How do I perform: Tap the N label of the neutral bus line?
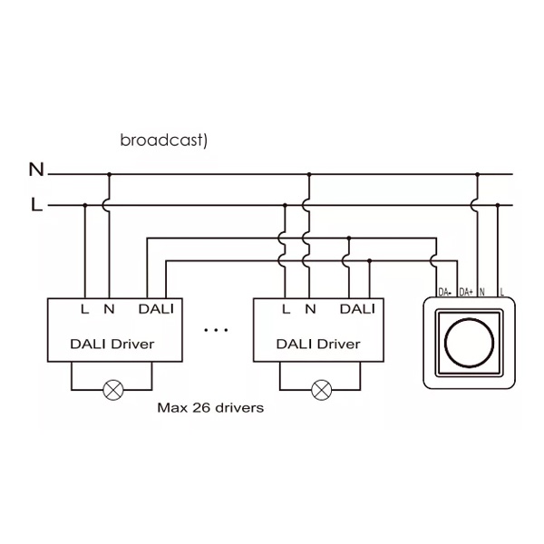tap(36, 170)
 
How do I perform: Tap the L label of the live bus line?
tap(36, 205)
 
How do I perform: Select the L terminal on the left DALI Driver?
tap(84, 309)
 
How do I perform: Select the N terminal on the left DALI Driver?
tap(109, 309)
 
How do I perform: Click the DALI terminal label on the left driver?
tap(156, 309)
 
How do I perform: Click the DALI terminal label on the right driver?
tap(357, 309)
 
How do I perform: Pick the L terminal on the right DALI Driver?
tap(286, 309)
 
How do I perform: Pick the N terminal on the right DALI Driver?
tap(310, 309)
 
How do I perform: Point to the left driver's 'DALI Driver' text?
tap(112, 344)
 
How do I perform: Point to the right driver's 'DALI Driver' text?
tap(317, 344)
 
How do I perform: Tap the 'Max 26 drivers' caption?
tap(210, 408)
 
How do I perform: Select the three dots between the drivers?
tap(217, 330)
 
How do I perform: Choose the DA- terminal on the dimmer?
tap(445, 292)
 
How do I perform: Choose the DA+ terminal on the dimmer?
tap(466, 292)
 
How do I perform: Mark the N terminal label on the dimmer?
tap(482, 292)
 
